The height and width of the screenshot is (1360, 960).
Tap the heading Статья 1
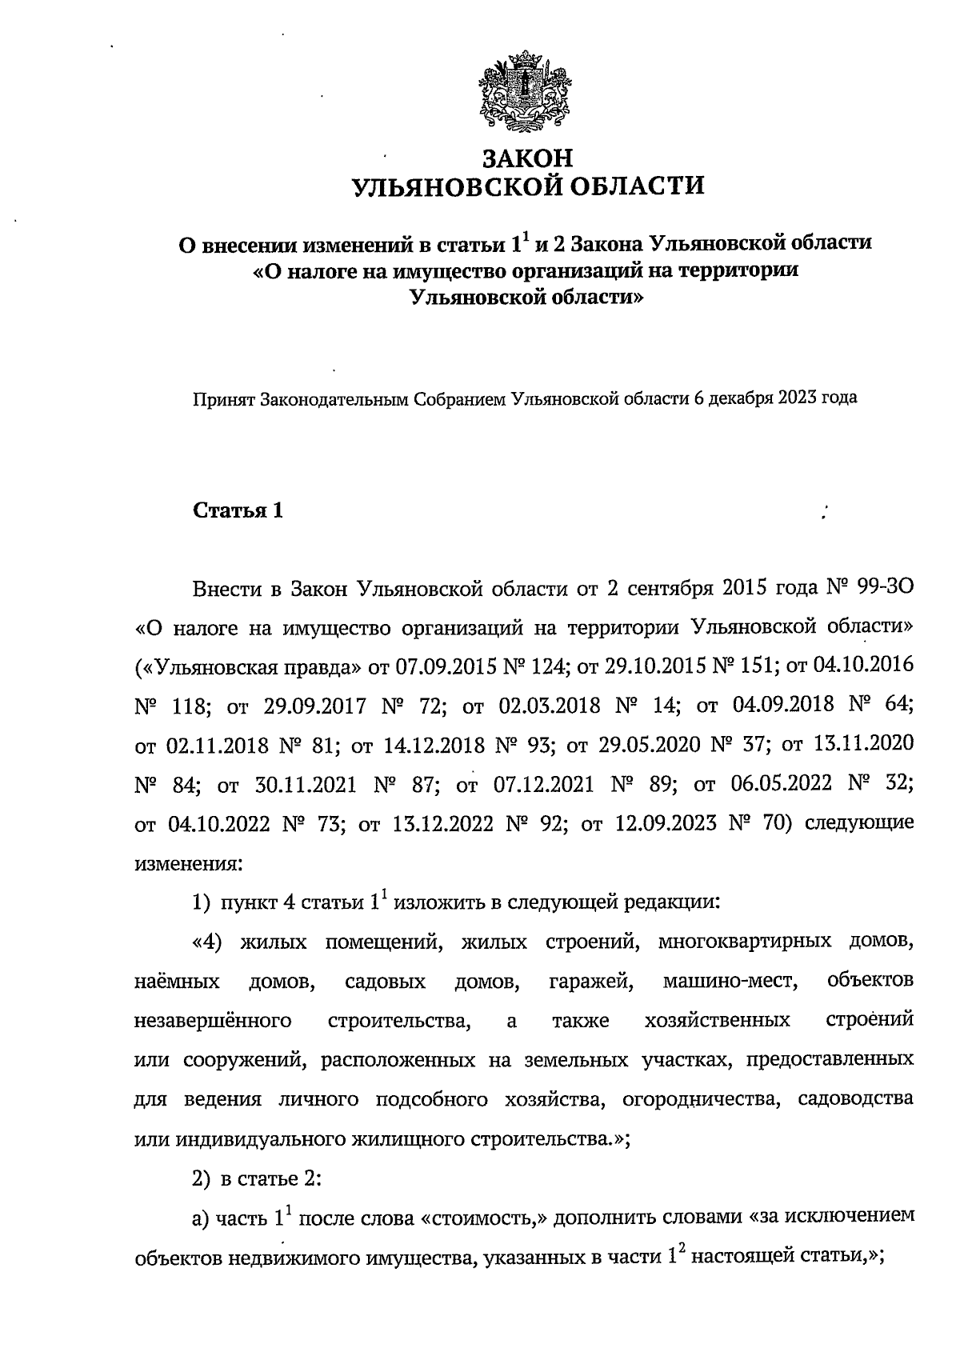(238, 511)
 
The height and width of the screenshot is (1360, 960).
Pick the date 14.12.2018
(434, 746)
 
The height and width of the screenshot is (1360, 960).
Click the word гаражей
(591, 982)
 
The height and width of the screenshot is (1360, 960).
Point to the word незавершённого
(212, 1021)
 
